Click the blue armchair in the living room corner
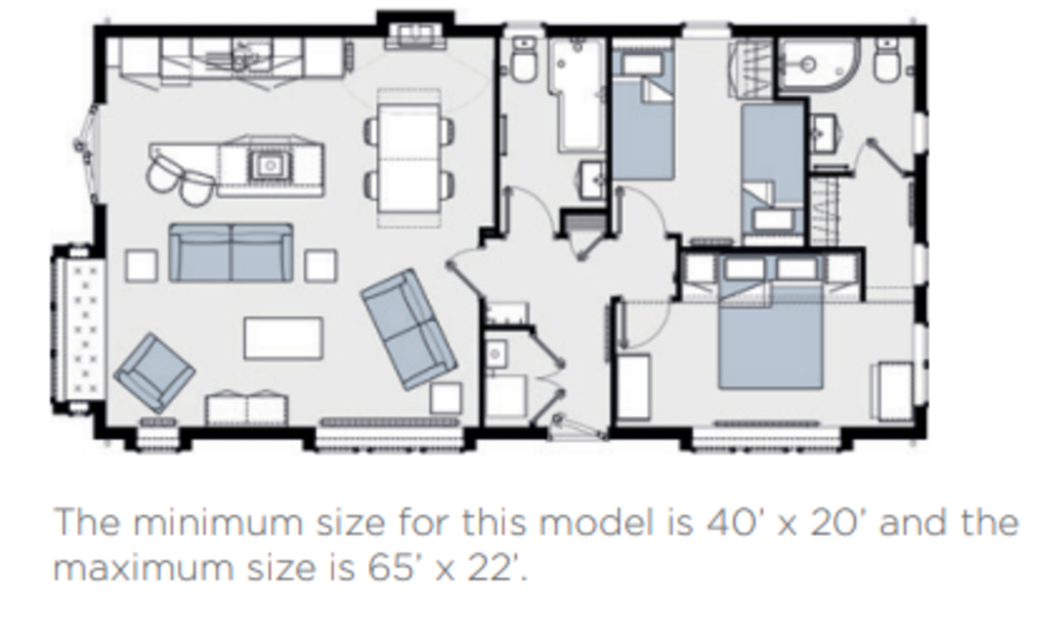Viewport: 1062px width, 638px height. [x=155, y=373]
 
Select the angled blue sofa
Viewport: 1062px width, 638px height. [x=409, y=329]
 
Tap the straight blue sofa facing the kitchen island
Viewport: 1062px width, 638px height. [x=231, y=253]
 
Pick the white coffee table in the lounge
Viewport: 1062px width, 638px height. [x=283, y=338]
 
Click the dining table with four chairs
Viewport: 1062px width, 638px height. [x=410, y=158]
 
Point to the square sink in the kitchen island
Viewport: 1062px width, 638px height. [x=270, y=165]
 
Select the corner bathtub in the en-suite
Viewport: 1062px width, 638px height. [x=820, y=65]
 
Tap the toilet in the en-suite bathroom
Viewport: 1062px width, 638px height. [x=887, y=59]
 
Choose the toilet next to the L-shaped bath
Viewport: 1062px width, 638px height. [x=524, y=58]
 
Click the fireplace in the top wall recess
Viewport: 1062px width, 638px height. [x=415, y=36]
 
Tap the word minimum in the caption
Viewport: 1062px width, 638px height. [x=218, y=522]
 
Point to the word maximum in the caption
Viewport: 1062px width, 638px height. [x=143, y=568]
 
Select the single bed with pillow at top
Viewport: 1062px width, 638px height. [x=643, y=115]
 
